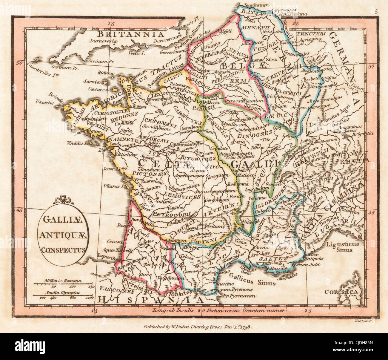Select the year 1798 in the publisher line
pos(245,327)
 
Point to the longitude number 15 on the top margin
pos(112,23)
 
